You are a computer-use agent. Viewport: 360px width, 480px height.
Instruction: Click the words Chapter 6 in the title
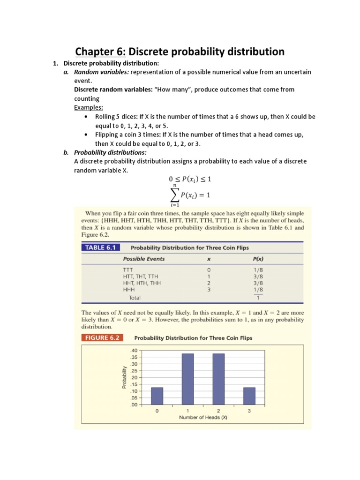coord(100,52)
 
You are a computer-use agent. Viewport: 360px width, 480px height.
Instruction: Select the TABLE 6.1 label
coord(101,247)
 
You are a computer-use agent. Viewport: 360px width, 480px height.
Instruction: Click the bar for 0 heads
coord(157,396)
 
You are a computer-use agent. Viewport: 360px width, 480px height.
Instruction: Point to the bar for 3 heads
coord(249,396)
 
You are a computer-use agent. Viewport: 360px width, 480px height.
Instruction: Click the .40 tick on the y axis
coord(134,351)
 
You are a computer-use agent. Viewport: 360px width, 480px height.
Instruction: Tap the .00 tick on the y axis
coord(134,405)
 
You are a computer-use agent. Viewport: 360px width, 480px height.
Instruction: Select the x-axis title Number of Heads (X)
coord(203,418)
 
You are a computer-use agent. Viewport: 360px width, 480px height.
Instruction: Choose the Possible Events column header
coord(143,259)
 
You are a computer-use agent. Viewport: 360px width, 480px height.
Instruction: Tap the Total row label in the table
coord(135,297)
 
